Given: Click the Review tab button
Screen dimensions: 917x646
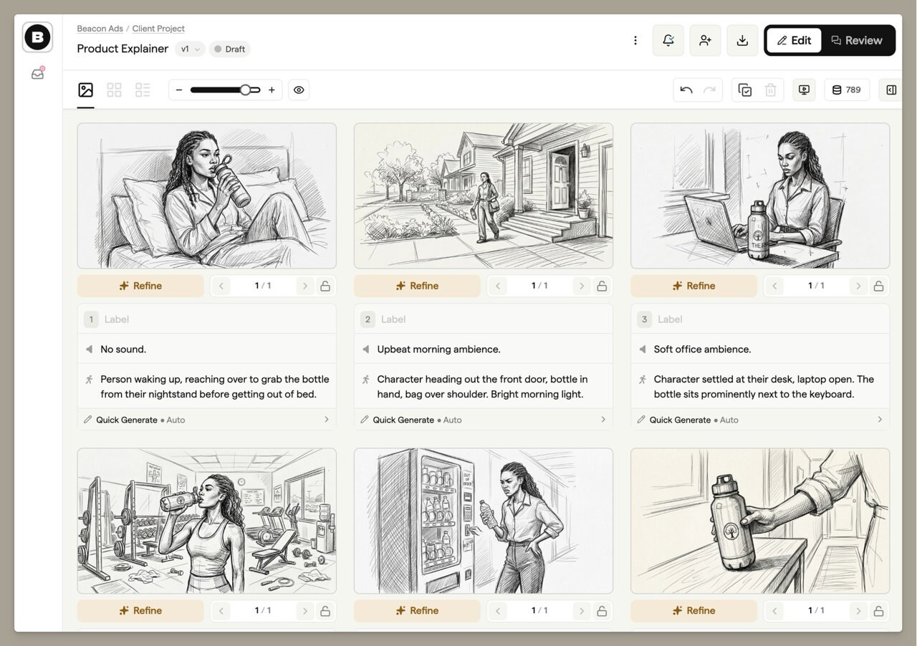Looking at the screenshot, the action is click(x=857, y=41).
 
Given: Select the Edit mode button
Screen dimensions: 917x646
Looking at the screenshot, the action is click(x=794, y=41).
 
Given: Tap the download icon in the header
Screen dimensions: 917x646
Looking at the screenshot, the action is click(x=742, y=41).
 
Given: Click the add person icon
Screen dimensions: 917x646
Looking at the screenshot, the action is click(x=705, y=41).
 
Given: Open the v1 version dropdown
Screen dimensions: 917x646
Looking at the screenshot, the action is click(x=190, y=49).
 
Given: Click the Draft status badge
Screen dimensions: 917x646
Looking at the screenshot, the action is click(x=230, y=49).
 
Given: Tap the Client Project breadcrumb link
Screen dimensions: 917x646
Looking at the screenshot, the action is click(x=158, y=29).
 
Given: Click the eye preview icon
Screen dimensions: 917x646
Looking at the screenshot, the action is click(x=299, y=90).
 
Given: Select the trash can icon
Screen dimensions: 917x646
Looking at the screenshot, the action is click(x=770, y=90).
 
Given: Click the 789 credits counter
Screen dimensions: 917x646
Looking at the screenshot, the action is click(x=847, y=90).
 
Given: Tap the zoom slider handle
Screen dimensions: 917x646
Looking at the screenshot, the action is click(x=245, y=90).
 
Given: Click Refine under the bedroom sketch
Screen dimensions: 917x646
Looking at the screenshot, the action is click(x=140, y=286).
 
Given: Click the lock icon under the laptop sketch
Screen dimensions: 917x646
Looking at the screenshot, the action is click(x=878, y=286).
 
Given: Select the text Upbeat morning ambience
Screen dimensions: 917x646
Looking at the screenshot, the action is click(x=438, y=349).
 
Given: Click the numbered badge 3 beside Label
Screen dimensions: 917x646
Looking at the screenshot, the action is click(x=644, y=319).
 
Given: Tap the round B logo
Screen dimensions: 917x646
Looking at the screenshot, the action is click(x=37, y=37).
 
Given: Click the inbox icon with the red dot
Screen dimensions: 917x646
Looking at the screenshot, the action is click(x=38, y=73).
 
